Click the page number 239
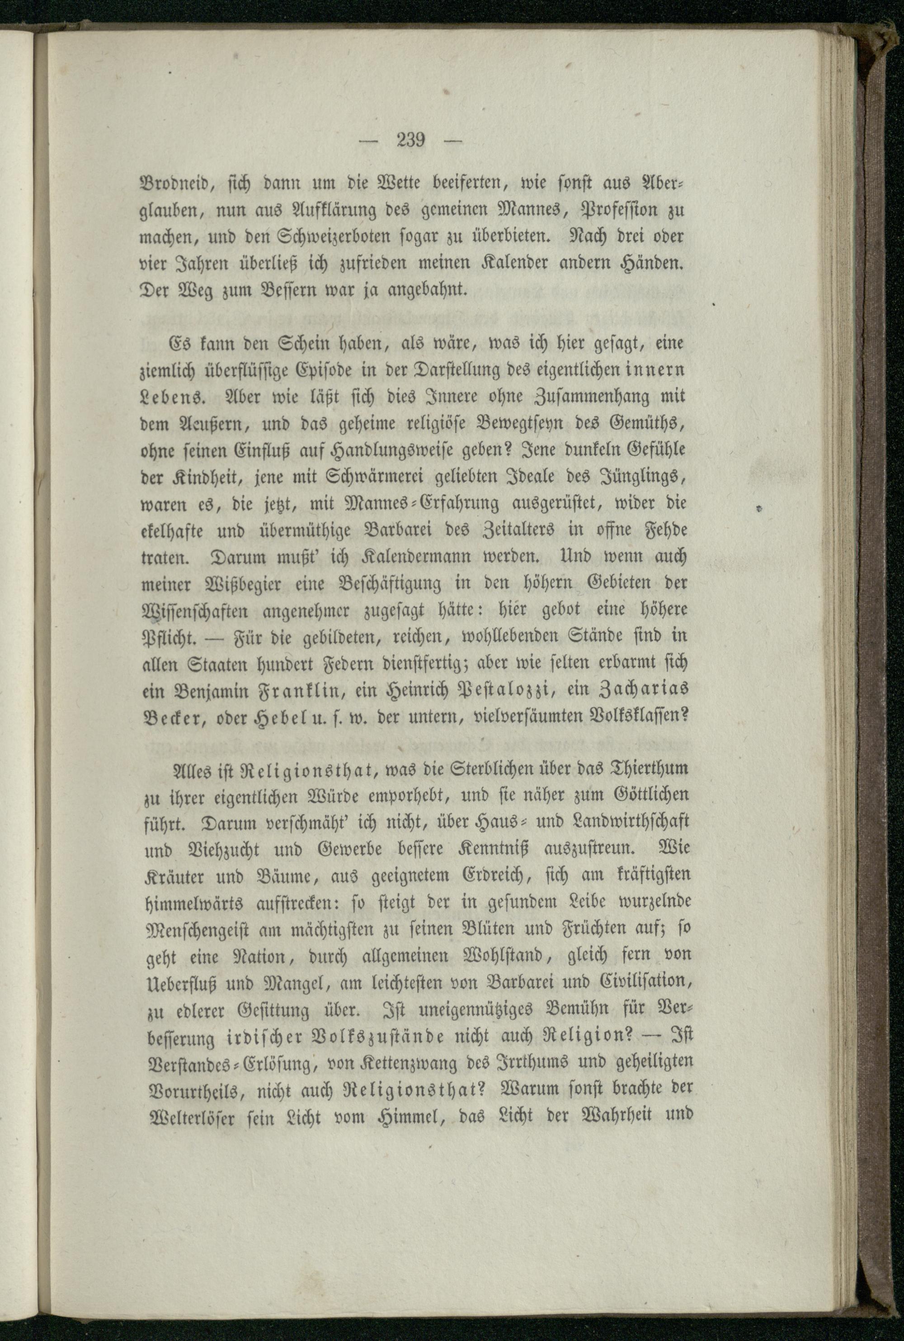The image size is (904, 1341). [410, 140]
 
